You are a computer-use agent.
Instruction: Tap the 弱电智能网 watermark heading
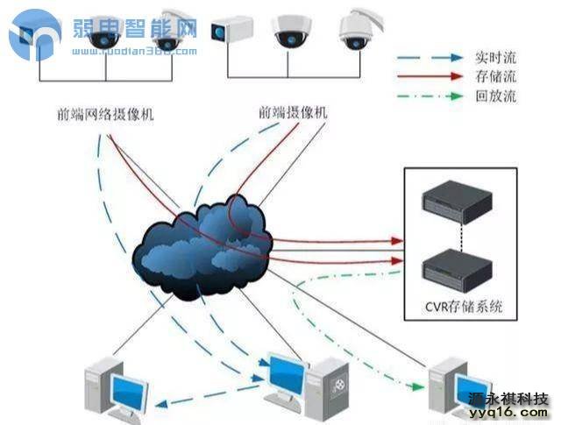[131, 32]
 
